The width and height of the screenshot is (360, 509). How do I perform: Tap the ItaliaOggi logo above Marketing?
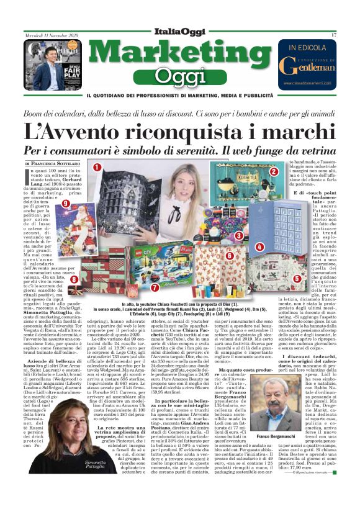pyautogui.click(x=180, y=32)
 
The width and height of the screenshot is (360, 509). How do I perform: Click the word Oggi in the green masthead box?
pyautogui.click(x=180, y=76)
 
